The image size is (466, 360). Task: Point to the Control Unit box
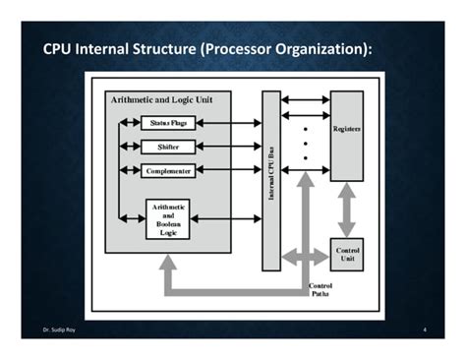coord(347,254)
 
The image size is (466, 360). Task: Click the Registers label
coord(346,129)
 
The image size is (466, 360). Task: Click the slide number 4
coord(423,330)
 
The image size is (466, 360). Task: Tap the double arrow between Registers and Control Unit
coord(347,209)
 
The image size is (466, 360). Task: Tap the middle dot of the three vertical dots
coord(305,143)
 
